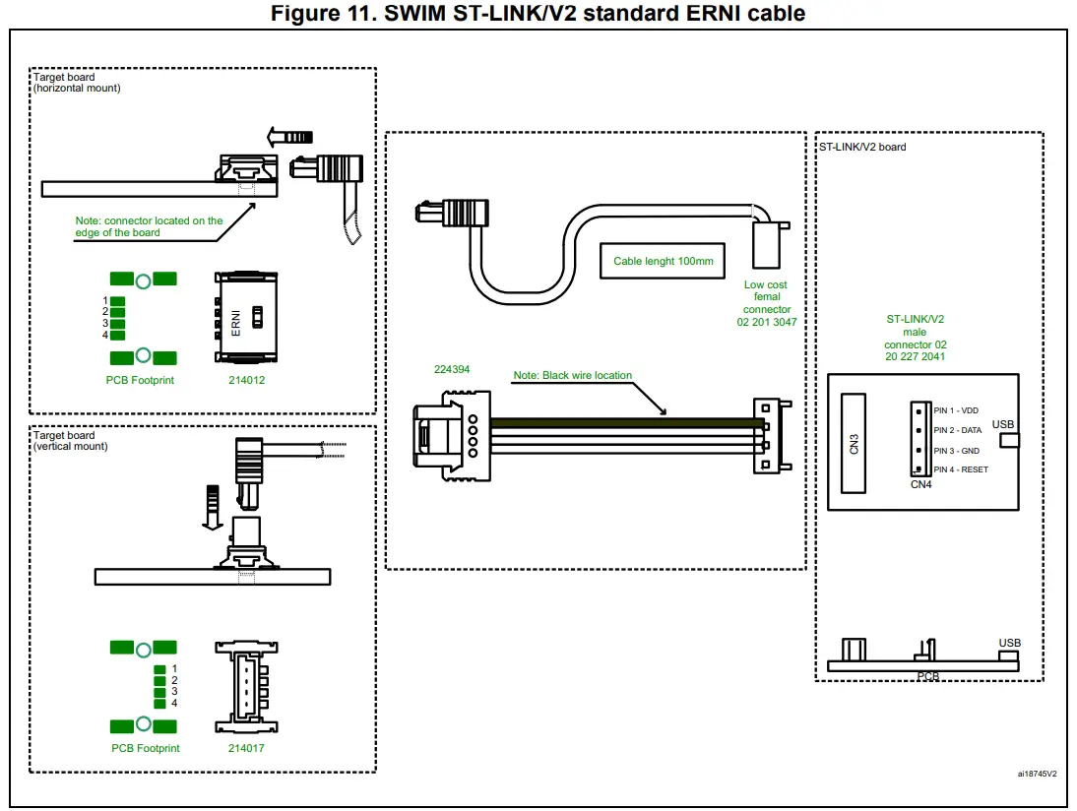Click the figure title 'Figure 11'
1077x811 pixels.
pyautogui.click(x=538, y=13)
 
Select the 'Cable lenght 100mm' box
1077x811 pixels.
pyautogui.click(x=663, y=261)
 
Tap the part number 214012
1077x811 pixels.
pyautogui.click(x=246, y=380)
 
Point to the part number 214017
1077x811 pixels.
pyautogui.click(x=246, y=748)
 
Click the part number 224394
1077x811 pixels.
pyautogui.click(x=453, y=370)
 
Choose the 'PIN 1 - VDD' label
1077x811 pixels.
pyautogui.click(x=956, y=410)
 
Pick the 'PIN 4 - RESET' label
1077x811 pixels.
pyautogui.click(x=961, y=469)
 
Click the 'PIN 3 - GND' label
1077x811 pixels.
pyautogui.click(x=957, y=450)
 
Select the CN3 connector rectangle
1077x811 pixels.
pyautogui.click(x=854, y=443)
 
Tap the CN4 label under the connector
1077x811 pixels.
pyautogui.click(x=920, y=484)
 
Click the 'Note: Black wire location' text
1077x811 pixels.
pyautogui.click(x=572, y=375)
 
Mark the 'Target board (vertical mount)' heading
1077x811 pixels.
pyautogui.click(x=71, y=440)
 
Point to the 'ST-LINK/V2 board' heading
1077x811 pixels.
pyautogui.click(x=863, y=147)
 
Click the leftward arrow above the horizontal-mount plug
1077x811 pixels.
pyautogui.click(x=290, y=137)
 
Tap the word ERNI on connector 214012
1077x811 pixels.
pyautogui.click(x=236, y=324)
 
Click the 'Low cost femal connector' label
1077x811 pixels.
pyautogui.click(x=766, y=303)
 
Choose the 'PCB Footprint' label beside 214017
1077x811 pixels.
pyautogui.click(x=145, y=748)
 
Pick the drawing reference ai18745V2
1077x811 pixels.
pyautogui.click(x=1037, y=774)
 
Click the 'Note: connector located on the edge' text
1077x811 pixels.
pyautogui.click(x=149, y=226)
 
